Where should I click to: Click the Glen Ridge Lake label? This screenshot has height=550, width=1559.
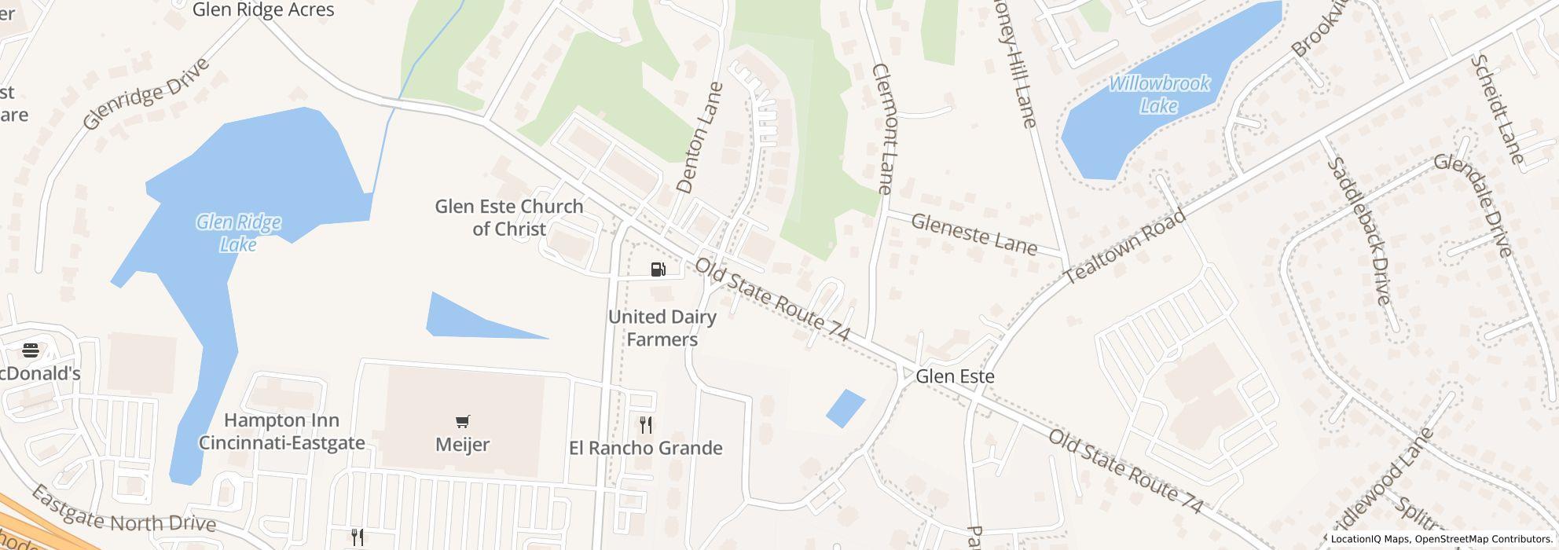coord(238,233)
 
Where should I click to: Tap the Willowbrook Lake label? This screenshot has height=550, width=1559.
coord(1159,94)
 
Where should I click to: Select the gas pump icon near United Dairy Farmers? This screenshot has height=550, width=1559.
coord(658,270)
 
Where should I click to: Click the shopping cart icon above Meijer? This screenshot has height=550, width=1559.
coord(463,422)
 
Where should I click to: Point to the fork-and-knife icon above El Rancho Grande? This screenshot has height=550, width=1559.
coord(646,425)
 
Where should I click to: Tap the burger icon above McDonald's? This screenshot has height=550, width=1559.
coord(31,350)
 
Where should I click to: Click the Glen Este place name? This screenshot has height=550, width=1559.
coord(955,376)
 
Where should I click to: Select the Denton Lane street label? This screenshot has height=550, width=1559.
coord(698,138)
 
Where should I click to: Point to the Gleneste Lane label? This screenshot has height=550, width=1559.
coord(974,234)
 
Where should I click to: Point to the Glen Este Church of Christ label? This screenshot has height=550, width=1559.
coord(509,218)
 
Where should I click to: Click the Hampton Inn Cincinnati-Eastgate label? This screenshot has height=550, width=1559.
coord(281,431)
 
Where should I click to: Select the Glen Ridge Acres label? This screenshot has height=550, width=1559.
coord(263,10)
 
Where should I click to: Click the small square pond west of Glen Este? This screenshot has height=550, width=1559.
coord(845,409)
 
